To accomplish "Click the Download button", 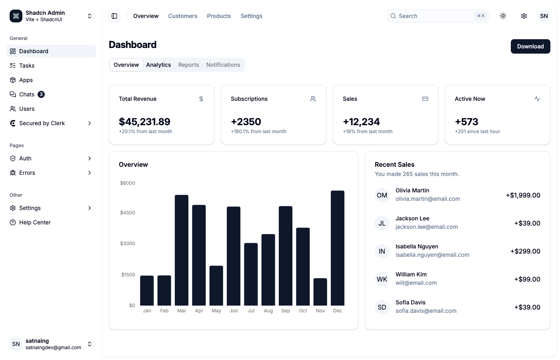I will [x=530, y=46].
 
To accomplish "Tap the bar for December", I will [x=337, y=248].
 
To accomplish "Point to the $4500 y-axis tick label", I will [x=128, y=213].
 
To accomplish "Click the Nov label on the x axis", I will [x=320, y=311].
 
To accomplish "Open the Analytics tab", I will [x=158, y=65].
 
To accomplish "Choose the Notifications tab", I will [x=223, y=65].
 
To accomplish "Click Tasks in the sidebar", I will [x=27, y=66].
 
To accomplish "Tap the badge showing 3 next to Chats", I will [x=41, y=94].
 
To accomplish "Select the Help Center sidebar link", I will [x=35, y=222].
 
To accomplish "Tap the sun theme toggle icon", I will [x=503, y=16].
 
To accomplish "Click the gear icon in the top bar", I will [x=524, y=16].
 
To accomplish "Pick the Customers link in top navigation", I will [x=182, y=16].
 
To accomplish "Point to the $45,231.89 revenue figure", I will [x=144, y=122].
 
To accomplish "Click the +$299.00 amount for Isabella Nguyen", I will [x=525, y=251].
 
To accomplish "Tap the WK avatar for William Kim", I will [x=382, y=279].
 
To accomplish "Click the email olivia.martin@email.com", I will [x=428, y=199].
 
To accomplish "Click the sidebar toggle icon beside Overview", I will [x=114, y=16].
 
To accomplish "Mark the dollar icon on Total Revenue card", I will [x=201, y=99].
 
